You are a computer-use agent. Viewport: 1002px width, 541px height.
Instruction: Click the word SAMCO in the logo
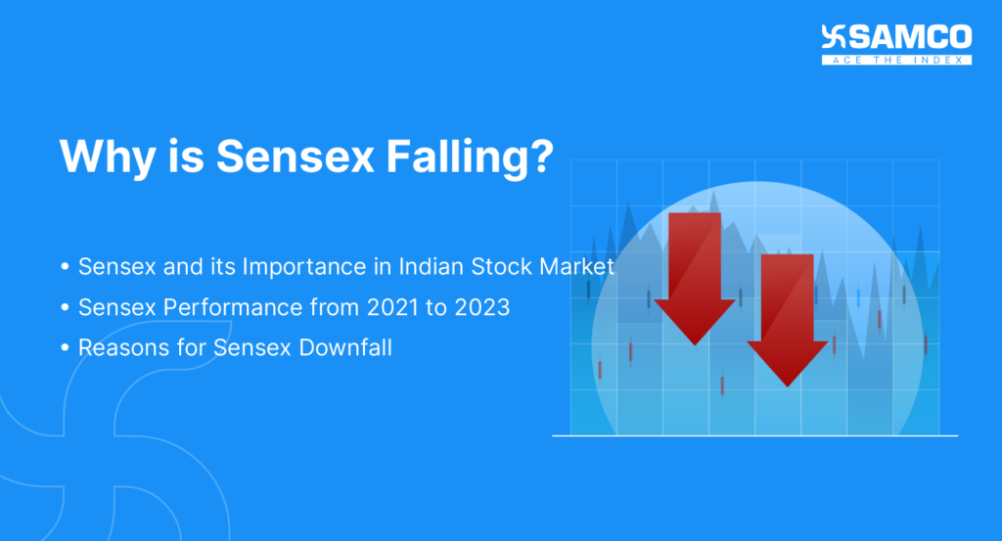point(910,38)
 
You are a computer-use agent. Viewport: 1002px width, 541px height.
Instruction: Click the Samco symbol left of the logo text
point(835,39)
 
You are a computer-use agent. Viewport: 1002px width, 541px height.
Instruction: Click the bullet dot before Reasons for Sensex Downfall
point(65,348)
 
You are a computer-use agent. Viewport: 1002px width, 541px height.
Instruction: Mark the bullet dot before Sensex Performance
point(65,308)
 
